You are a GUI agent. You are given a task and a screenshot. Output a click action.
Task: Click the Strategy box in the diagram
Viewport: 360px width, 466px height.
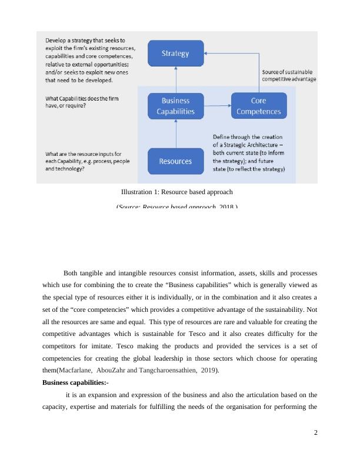(x=175, y=54)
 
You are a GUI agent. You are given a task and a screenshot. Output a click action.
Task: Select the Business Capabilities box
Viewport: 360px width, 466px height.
(x=175, y=106)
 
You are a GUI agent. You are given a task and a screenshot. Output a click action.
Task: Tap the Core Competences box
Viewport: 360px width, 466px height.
(x=259, y=106)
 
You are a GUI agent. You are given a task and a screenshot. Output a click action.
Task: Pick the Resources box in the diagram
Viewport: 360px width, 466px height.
(x=175, y=161)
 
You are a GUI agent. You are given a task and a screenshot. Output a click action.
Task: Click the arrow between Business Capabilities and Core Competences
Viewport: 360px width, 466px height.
(x=217, y=106)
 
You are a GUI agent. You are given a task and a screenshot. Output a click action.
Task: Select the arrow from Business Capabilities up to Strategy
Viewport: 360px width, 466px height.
(x=175, y=79)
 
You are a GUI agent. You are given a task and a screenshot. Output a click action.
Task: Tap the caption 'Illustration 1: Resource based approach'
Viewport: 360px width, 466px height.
(x=177, y=192)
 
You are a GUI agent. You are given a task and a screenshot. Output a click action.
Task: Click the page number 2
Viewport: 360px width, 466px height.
(x=316, y=432)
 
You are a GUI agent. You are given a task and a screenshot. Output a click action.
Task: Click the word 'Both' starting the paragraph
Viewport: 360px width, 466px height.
(x=70, y=273)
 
